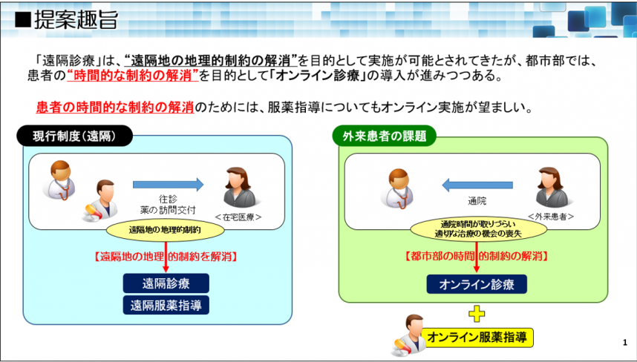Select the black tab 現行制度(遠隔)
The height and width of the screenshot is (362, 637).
coord(75,136)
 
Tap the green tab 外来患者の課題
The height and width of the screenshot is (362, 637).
coord(385,136)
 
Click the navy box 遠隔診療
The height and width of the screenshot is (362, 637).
coord(166,283)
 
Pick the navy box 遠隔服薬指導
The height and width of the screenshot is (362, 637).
coord(166,305)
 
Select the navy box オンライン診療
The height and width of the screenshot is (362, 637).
coord(477,284)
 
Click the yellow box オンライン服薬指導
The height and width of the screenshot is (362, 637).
coord(477,338)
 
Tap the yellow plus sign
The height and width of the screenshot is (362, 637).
coord(477,314)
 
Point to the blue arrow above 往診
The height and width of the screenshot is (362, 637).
coord(169,185)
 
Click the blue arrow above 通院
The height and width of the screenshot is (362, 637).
coord(477,185)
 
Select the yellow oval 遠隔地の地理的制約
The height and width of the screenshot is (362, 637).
coord(166,230)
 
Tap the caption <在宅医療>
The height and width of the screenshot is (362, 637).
coord(238,217)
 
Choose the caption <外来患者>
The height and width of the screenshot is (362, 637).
coord(551,217)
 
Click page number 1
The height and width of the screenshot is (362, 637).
coord(625,343)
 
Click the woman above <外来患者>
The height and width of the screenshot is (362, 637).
coord(552,187)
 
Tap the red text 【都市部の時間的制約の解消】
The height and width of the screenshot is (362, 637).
coord(477,256)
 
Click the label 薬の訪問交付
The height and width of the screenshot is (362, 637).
coord(167,210)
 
